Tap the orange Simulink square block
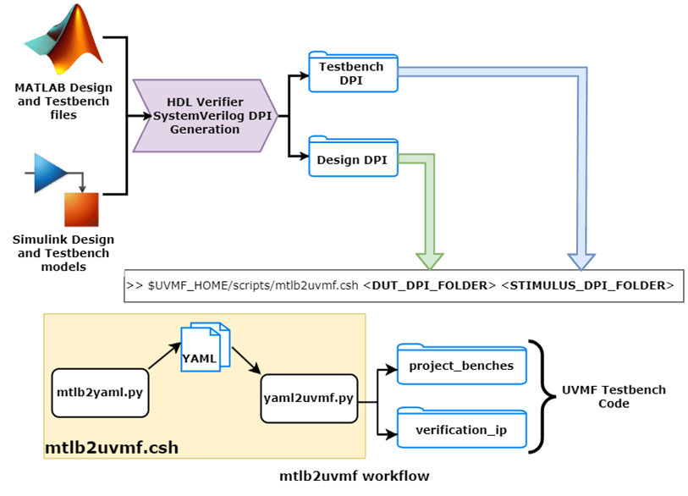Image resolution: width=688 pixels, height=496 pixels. pos(81,209)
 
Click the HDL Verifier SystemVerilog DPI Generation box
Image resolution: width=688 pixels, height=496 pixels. pos(206,116)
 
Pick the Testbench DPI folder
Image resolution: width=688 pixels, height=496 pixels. pos(351,73)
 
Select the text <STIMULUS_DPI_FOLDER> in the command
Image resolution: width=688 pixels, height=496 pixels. pos(586,285)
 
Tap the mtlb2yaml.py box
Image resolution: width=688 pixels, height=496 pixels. pos(99,393)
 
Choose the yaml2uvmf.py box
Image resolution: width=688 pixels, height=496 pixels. pos(308,397)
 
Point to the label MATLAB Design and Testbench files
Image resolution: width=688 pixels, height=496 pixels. pos(63,101)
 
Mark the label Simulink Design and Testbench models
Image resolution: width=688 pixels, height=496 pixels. pos(63,253)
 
